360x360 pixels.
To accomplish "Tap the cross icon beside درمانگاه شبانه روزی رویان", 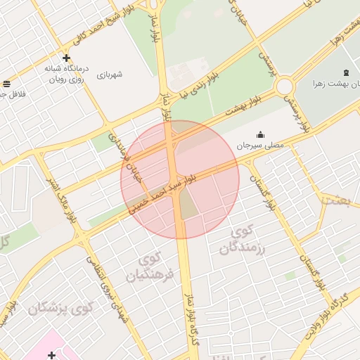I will tap(66, 58).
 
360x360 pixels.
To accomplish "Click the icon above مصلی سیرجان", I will tap(260, 134).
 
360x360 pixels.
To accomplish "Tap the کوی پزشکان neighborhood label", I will tap(61, 307).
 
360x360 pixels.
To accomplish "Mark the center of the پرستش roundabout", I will tap(285, 86).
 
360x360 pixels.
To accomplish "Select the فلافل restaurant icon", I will tap(6, 83).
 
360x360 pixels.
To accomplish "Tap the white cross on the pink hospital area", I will tap(51, 355).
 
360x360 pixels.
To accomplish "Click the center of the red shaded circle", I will tap(180, 180).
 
